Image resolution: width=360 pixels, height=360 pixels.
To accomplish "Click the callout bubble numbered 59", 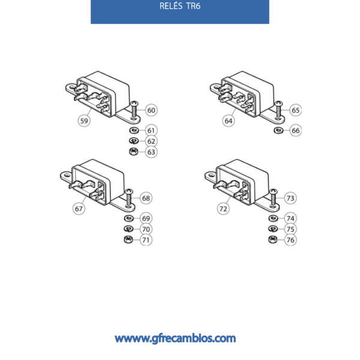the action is pyautogui.click(x=84, y=121).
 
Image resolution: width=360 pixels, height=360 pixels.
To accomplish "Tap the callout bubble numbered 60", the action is pyautogui.click(x=151, y=110).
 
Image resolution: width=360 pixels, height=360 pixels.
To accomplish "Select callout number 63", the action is pyautogui.click(x=151, y=152).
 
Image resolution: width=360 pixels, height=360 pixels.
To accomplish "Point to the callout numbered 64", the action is pyautogui.click(x=229, y=121).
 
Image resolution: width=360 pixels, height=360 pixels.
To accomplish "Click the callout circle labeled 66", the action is pyautogui.click(x=295, y=130).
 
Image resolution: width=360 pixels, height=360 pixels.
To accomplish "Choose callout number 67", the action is pyautogui.click(x=79, y=209).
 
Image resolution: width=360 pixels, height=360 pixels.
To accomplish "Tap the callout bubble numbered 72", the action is pyautogui.click(x=223, y=209).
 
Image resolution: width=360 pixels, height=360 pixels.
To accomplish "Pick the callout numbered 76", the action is pyautogui.click(x=290, y=240).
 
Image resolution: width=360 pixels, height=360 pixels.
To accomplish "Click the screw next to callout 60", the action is pyautogui.click(x=134, y=110).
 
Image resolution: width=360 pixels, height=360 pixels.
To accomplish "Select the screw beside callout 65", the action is pyautogui.click(x=278, y=110).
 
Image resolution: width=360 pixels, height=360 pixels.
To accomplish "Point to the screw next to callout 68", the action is pyautogui.click(x=129, y=197).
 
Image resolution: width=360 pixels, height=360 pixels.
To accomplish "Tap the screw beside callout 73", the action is pyautogui.click(x=273, y=197).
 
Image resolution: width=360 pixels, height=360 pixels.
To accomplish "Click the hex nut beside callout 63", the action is pyautogui.click(x=134, y=152).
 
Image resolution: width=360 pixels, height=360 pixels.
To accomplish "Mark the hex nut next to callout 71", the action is pyautogui.click(x=128, y=239).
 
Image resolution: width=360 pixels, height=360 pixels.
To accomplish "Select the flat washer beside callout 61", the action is pyautogui.click(x=134, y=130).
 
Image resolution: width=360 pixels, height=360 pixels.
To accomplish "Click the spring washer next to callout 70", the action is pyautogui.click(x=128, y=229).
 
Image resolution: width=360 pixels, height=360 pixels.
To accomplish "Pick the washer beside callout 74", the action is pyautogui.click(x=273, y=218).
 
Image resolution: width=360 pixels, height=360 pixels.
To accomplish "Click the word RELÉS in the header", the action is pyautogui.click(x=171, y=6).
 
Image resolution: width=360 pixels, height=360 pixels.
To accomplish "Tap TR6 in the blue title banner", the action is pyautogui.click(x=193, y=6).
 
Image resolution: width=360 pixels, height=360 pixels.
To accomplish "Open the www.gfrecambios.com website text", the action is pyautogui.click(x=175, y=338).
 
